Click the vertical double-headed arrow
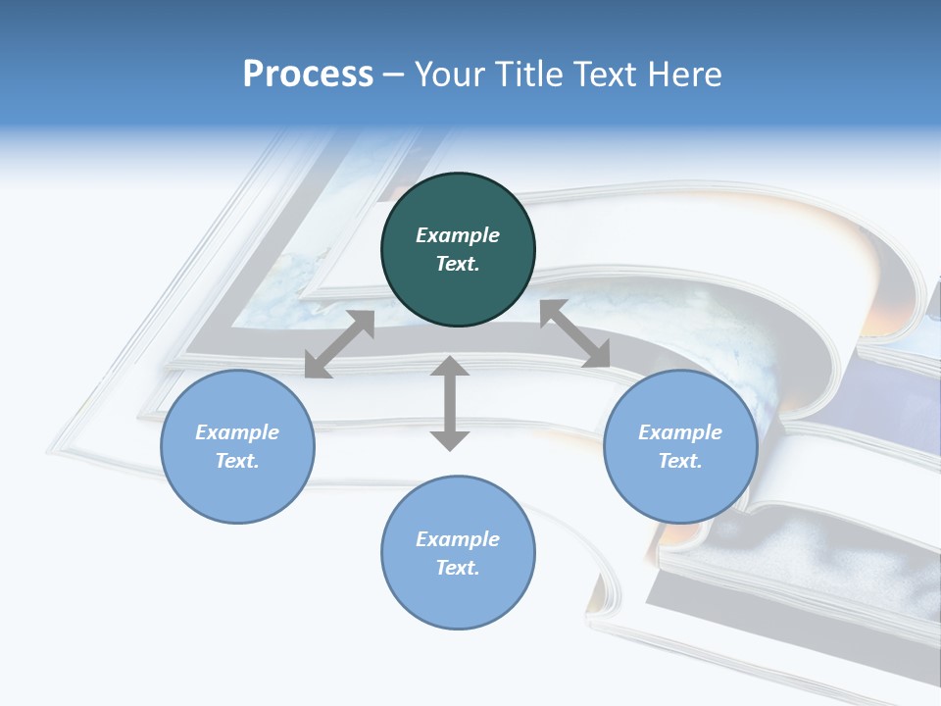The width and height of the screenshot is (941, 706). (x=450, y=403)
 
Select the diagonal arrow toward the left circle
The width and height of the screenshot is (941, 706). (x=339, y=344)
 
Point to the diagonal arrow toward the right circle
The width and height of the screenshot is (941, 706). (x=574, y=333)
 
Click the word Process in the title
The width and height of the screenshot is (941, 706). (x=308, y=75)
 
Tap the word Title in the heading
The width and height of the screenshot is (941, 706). (x=528, y=75)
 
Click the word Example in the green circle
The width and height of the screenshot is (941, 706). (x=458, y=235)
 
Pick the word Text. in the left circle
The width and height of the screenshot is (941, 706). (x=237, y=461)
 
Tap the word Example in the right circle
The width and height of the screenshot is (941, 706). (x=680, y=432)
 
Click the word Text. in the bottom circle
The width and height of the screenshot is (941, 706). (x=458, y=568)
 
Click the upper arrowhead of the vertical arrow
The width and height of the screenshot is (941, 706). (x=450, y=367)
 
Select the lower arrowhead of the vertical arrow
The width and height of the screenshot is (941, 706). (x=450, y=440)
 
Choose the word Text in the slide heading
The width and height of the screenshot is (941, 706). (x=603, y=75)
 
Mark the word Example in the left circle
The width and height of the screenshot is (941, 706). (x=237, y=432)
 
